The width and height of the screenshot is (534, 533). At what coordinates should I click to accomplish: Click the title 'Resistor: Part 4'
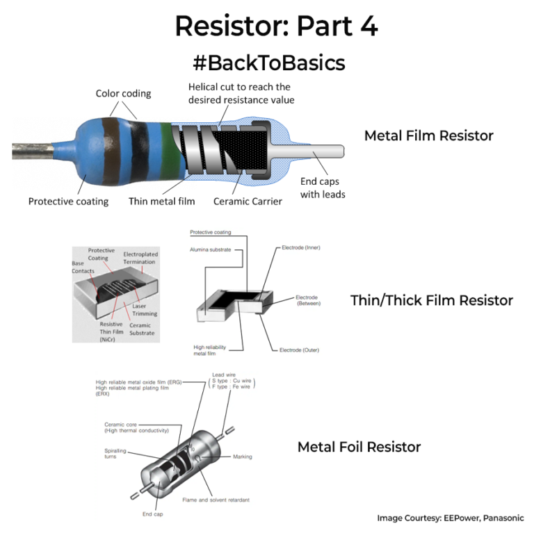click(x=276, y=26)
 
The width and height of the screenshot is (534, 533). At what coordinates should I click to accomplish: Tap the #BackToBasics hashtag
click(x=268, y=63)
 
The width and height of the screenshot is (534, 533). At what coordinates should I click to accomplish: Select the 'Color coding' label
click(x=123, y=94)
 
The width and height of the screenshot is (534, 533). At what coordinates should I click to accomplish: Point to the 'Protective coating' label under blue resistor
click(x=68, y=202)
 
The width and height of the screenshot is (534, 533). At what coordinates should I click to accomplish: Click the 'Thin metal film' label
click(x=161, y=202)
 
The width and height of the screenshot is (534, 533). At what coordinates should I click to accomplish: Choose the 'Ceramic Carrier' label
click(x=248, y=202)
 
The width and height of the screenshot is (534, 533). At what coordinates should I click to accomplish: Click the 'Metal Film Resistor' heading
click(x=428, y=136)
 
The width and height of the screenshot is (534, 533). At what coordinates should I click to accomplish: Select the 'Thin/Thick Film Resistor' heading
click(x=431, y=300)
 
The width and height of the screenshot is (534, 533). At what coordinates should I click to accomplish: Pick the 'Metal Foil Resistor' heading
click(x=359, y=447)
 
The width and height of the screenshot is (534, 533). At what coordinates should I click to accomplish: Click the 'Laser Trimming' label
click(x=145, y=310)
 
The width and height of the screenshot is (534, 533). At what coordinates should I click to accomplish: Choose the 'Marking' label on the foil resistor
click(x=243, y=457)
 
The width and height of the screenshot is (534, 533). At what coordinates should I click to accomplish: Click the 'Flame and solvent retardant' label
click(x=216, y=500)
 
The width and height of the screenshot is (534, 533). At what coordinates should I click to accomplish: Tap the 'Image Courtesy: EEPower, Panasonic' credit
click(x=451, y=518)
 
